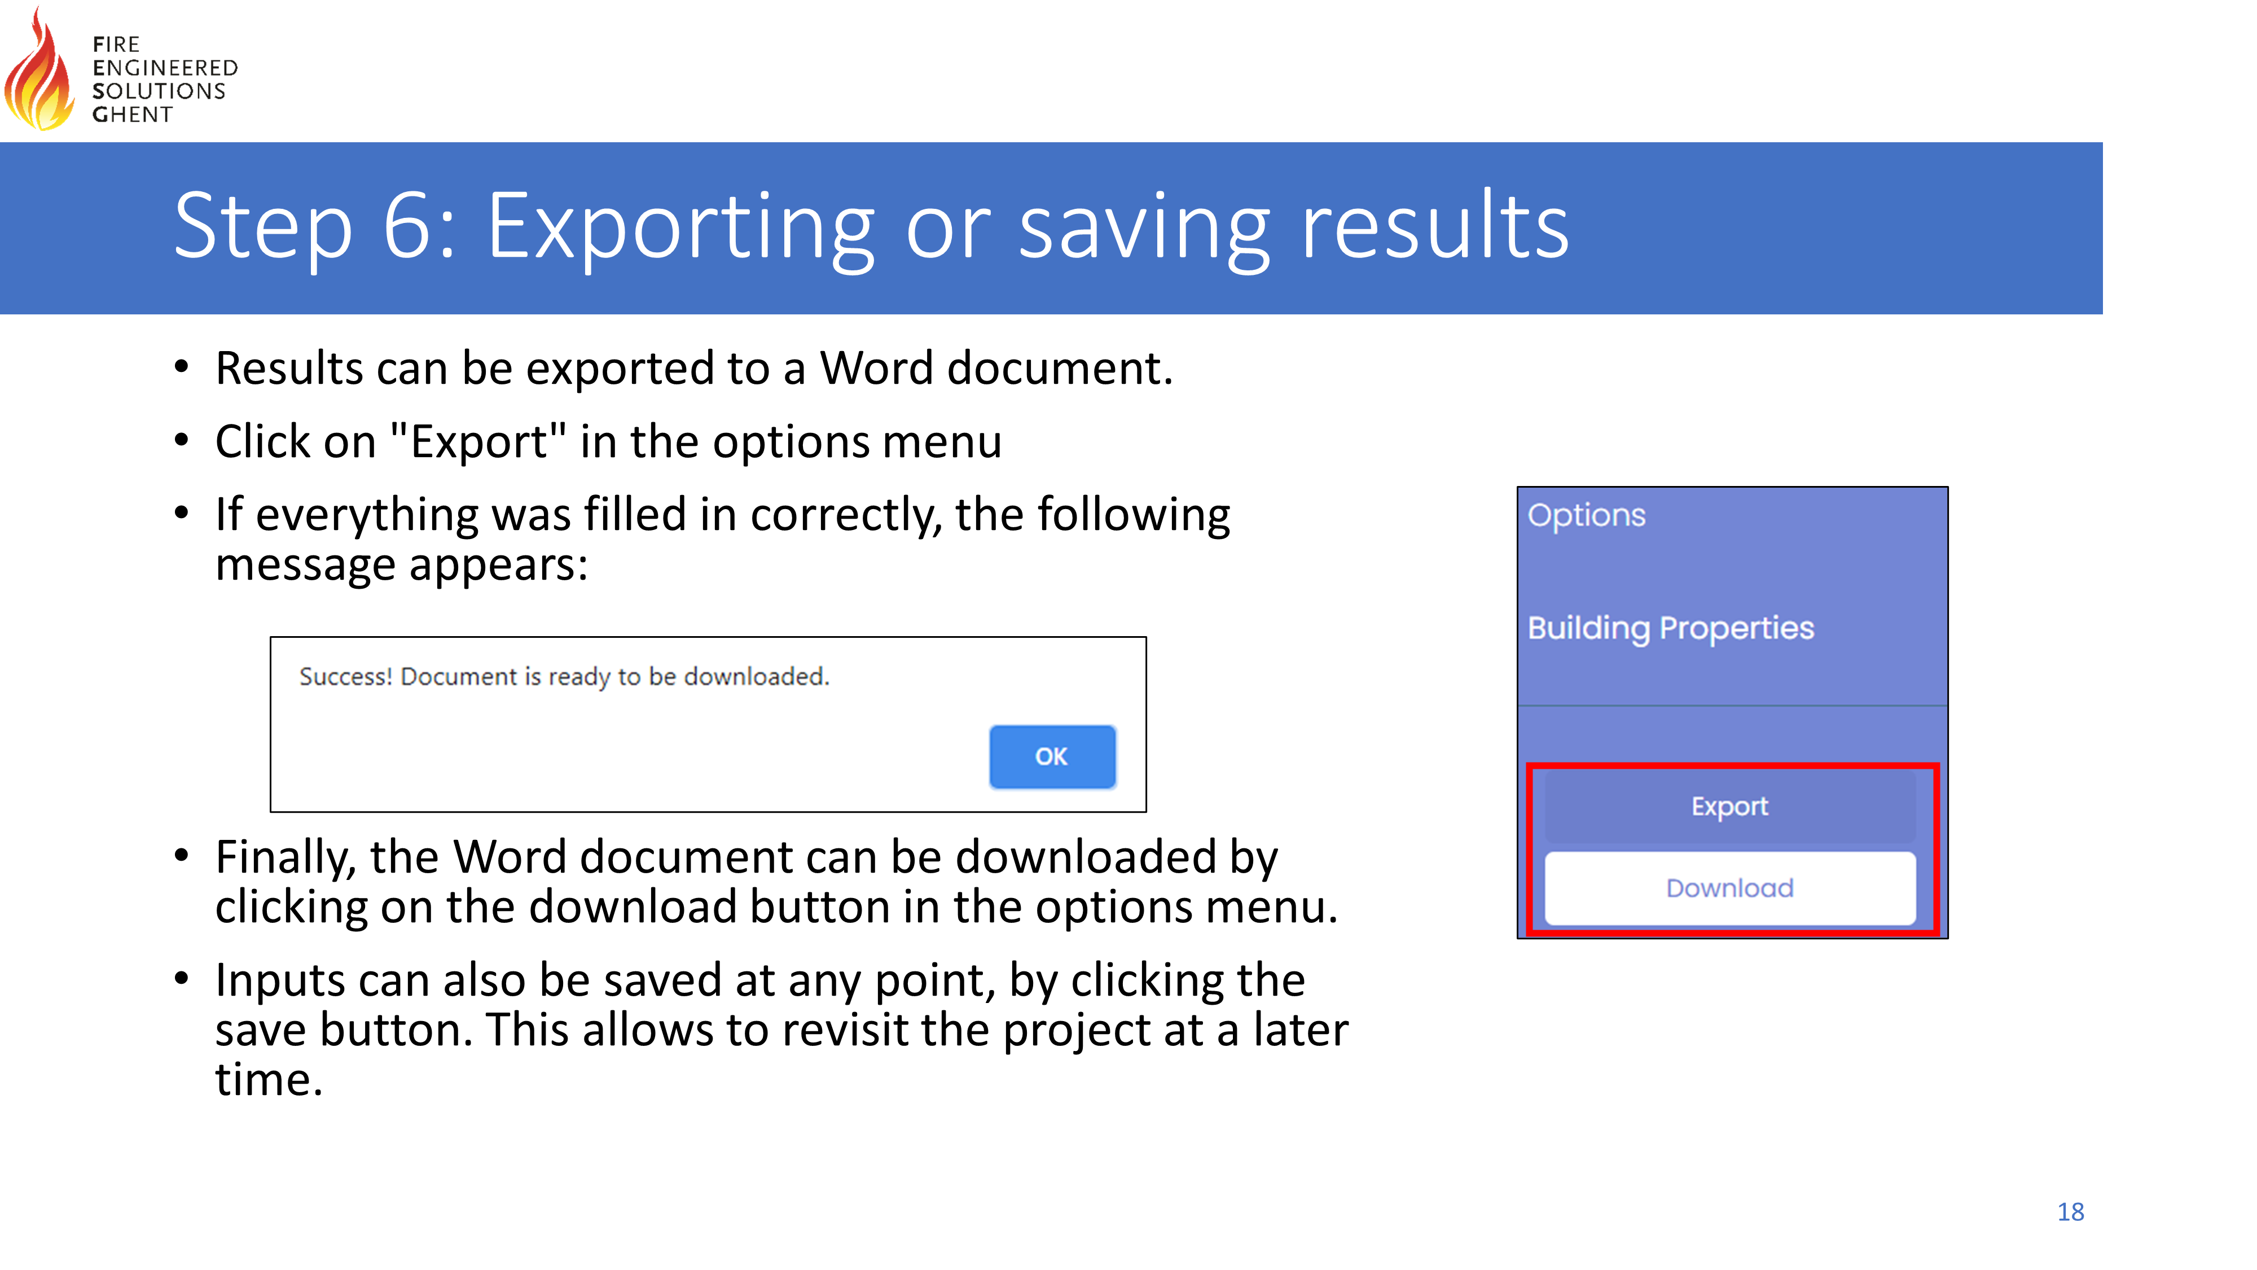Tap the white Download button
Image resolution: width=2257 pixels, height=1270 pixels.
(1729, 888)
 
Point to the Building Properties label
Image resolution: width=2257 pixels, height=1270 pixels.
(1671, 628)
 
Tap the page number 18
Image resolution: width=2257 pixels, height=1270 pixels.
(2070, 1212)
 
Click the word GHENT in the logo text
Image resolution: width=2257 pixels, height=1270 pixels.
(132, 115)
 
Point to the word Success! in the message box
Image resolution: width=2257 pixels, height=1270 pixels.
(346, 677)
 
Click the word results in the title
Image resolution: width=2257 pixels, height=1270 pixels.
(1435, 226)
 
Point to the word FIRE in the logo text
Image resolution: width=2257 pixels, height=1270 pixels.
(116, 45)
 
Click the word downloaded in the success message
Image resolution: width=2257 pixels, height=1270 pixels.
(756, 677)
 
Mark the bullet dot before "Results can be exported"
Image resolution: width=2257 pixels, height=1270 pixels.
(181, 367)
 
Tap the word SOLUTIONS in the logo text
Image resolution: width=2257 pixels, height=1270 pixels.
(159, 91)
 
